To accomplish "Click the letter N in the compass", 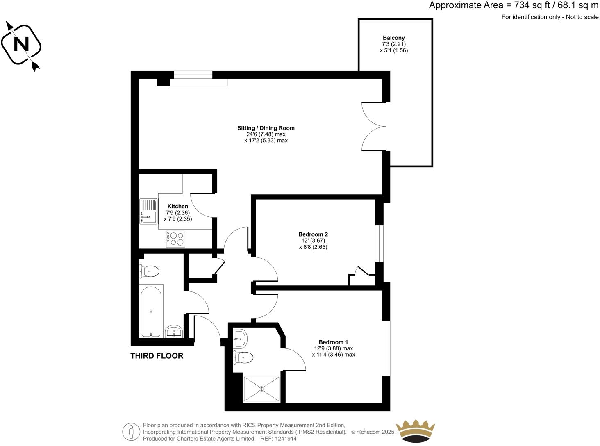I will point(21,44).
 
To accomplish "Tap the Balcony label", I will point(393,38).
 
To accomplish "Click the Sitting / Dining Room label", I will point(266,128).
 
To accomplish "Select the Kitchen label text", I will point(178,206).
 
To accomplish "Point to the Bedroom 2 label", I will point(313,234).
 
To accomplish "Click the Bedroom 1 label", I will point(333,342).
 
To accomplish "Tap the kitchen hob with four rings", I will point(175,239).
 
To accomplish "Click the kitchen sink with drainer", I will point(148,211).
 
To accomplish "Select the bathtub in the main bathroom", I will point(151,311).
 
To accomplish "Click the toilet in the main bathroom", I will point(150,271).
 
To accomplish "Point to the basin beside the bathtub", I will point(174,331).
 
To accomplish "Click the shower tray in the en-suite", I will point(262,389).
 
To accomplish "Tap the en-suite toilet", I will point(243,357).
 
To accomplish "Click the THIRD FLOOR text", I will point(157,356).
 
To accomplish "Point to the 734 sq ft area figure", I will point(528,5).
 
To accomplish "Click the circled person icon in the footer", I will point(131,432).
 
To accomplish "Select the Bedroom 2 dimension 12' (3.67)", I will point(313,241).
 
